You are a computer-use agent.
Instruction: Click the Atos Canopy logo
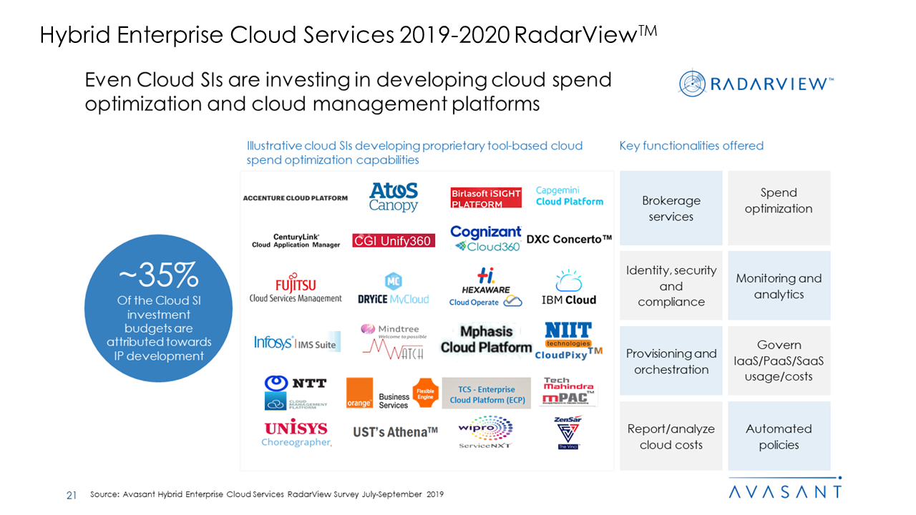click(393, 197)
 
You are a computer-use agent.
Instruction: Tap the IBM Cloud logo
click(569, 288)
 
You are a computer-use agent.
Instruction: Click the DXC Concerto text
click(569, 240)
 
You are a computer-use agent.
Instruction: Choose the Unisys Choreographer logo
click(296, 433)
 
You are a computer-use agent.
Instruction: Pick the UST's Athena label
click(395, 432)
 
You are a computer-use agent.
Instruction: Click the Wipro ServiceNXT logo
click(486, 433)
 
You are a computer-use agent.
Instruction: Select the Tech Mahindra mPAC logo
click(569, 391)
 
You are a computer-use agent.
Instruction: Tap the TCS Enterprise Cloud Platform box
click(487, 394)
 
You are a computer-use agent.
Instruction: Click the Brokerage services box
click(671, 208)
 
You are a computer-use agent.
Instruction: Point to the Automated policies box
click(779, 436)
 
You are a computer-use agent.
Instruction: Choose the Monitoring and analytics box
click(779, 286)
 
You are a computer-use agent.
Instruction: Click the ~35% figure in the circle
click(158, 275)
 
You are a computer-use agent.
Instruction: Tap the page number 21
click(72, 495)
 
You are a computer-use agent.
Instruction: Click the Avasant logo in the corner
click(785, 491)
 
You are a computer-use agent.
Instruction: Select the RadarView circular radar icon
click(693, 84)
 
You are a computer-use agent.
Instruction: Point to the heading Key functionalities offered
click(691, 146)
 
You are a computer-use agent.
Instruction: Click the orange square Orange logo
click(359, 393)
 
